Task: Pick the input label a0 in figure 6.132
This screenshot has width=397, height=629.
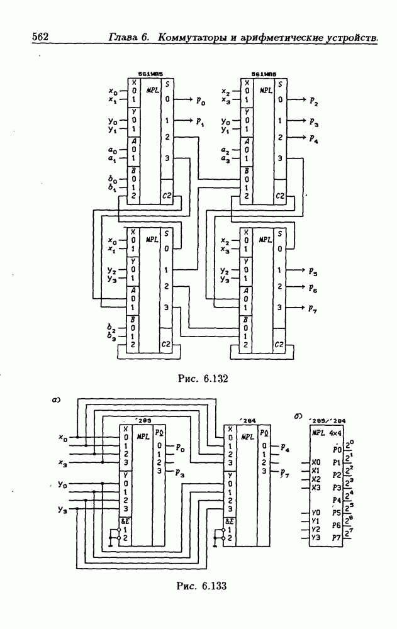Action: click(111, 150)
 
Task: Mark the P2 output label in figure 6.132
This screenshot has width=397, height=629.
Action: click(313, 101)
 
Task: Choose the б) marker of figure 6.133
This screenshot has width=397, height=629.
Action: click(298, 416)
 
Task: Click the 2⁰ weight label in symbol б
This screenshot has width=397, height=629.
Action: click(350, 444)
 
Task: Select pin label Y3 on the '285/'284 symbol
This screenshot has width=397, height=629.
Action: click(316, 538)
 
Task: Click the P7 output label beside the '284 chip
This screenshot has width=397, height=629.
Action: click(284, 472)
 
